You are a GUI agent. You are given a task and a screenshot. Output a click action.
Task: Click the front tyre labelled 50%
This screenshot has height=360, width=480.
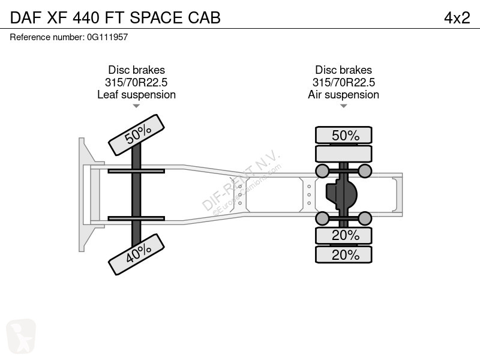[x=137, y=135]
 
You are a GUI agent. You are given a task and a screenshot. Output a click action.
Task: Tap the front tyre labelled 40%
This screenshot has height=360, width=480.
[x=137, y=254]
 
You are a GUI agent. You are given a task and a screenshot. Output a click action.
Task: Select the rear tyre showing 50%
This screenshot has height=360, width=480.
[x=344, y=135]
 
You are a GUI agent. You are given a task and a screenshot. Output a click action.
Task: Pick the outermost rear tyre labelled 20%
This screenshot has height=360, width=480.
[x=344, y=254]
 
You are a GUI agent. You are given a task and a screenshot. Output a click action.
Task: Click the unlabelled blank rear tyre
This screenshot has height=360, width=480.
[x=344, y=154]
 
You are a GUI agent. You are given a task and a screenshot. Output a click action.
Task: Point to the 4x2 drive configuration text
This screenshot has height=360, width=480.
[x=457, y=18]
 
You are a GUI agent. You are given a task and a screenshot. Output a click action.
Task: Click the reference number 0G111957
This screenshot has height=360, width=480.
[x=107, y=37]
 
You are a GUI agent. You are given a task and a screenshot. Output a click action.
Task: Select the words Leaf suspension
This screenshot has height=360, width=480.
[x=137, y=95]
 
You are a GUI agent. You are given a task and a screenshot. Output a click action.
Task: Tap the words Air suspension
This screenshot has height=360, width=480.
[x=343, y=95]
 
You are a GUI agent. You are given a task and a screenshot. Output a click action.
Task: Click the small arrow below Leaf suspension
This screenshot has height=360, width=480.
[x=137, y=106]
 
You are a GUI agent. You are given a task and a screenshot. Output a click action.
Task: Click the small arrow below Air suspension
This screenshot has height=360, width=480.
[x=343, y=106]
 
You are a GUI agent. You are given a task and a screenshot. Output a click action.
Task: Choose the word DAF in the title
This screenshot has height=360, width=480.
[x=26, y=18]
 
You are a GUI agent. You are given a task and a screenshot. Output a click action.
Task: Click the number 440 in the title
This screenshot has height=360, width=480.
[x=86, y=18]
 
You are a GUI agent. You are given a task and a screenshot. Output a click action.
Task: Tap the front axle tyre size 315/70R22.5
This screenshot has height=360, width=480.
[x=136, y=82]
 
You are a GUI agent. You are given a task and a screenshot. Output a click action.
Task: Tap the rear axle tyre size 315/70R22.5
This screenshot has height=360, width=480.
[x=343, y=82]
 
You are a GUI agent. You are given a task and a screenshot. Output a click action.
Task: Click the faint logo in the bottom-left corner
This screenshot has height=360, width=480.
[x=21, y=336]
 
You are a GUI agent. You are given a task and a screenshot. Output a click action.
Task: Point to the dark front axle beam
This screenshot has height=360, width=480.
[x=136, y=194]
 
